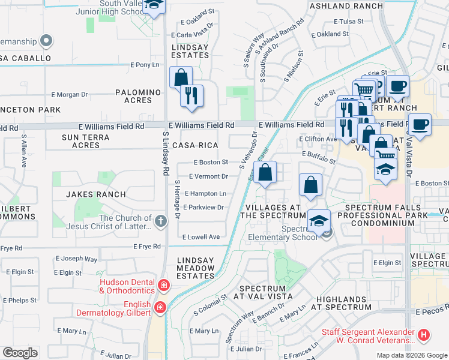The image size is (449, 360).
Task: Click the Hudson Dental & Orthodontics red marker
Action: click(x=164, y=284)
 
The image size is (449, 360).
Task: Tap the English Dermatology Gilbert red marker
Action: click(x=160, y=308)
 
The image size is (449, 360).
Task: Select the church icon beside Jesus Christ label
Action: click(x=160, y=221)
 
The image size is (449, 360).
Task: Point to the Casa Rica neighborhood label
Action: click(x=194, y=146)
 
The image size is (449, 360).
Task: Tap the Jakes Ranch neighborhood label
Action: click(x=96, y=194)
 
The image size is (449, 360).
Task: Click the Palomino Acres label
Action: click(x=138, y=96)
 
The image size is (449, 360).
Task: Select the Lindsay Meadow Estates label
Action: click(x=196, y=268)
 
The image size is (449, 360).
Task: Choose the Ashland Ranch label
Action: click(x=345, y=6)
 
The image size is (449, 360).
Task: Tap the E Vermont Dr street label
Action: click(x=208, y=176)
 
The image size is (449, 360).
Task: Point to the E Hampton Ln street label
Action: click(x=205, y=194)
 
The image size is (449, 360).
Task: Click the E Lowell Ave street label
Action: click(x=201, y=237)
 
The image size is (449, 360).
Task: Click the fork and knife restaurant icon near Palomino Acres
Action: click(x=191, y=95)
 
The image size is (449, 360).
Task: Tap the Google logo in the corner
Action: click(x=20, y=353)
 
